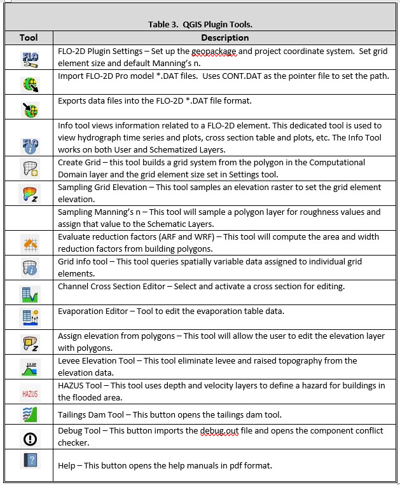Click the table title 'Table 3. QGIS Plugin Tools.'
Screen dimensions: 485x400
[x=200, y=25]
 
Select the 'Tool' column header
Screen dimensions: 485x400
[x=29, y=38]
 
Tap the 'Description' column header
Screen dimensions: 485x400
[x=224, y=38]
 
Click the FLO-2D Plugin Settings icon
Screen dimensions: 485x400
[x=29, y=58]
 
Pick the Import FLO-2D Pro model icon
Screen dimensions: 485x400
[x=29, y=83]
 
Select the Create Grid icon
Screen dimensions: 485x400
[x=29, y=168]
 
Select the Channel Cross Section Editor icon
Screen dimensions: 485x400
[x=29, y=293]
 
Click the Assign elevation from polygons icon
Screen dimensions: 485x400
[x=29, y=344]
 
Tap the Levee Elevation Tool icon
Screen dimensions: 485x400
[x=29, y=368]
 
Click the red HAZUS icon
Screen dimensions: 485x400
[x=29, y=393]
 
